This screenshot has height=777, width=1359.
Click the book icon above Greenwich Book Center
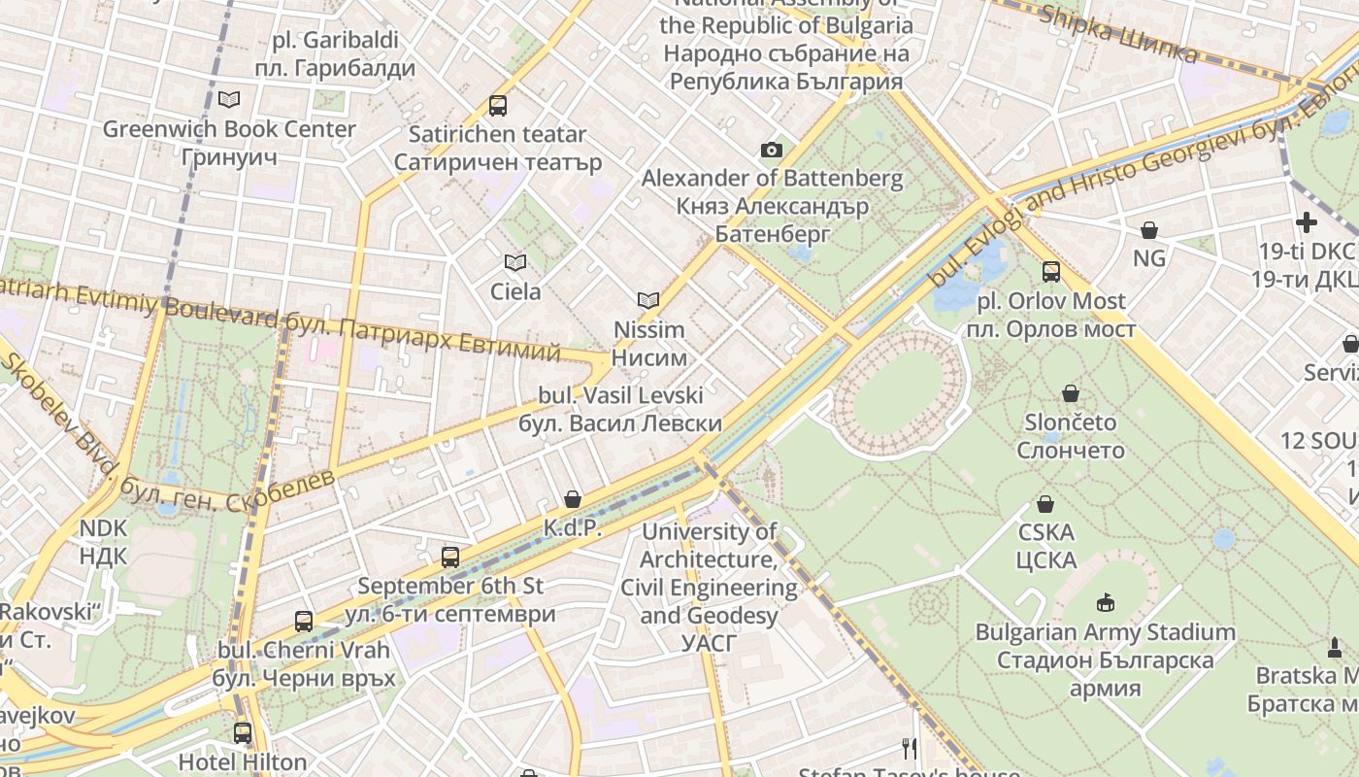click(x=229, y=99)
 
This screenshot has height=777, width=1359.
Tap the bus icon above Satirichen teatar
click(x=498, y=105)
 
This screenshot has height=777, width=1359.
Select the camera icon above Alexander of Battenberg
click(x=772, y=150)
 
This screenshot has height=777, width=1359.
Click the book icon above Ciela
click(x=515, y=262)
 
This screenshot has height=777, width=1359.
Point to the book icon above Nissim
click(x=648, y=301)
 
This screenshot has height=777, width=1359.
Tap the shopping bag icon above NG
click(x=1149, y=230)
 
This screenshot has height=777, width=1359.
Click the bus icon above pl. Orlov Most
click(x=1051, y=272)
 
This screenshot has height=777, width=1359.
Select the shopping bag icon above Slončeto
click(x=1071, y=393)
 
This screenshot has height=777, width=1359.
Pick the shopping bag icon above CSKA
click(x=1045, y=504)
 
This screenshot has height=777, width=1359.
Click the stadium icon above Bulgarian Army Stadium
click(x=1105, y=603)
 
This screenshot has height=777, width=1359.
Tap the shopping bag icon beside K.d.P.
click(x=573, y=499)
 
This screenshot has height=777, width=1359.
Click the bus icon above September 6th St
click(x=450, y=557)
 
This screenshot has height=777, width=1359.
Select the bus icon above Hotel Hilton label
click(x=242, y=733)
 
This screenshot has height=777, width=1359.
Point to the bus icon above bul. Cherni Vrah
click(x=304, y=621)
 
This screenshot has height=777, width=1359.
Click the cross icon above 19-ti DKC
click(x=1307, y=222)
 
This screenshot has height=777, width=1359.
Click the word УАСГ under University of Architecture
click(x=709, y=643)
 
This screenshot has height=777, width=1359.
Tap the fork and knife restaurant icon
click(x=910, y=748)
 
